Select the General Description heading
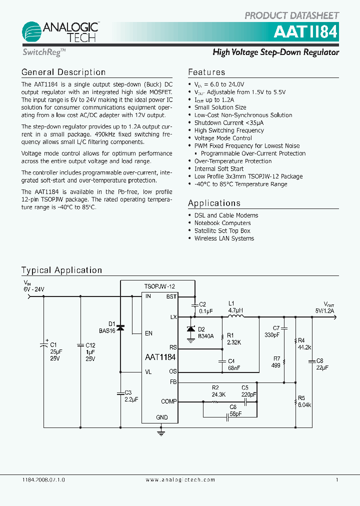coord(63,72)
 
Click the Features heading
coord(206,72)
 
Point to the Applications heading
coord(214,203)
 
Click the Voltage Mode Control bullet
coord(223,138)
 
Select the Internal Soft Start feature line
coord(219,168)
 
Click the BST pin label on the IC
coord(171,296)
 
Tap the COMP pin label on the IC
coord(168,401)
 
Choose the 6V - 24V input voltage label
coord(33,289)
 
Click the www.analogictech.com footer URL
coord(180,479)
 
